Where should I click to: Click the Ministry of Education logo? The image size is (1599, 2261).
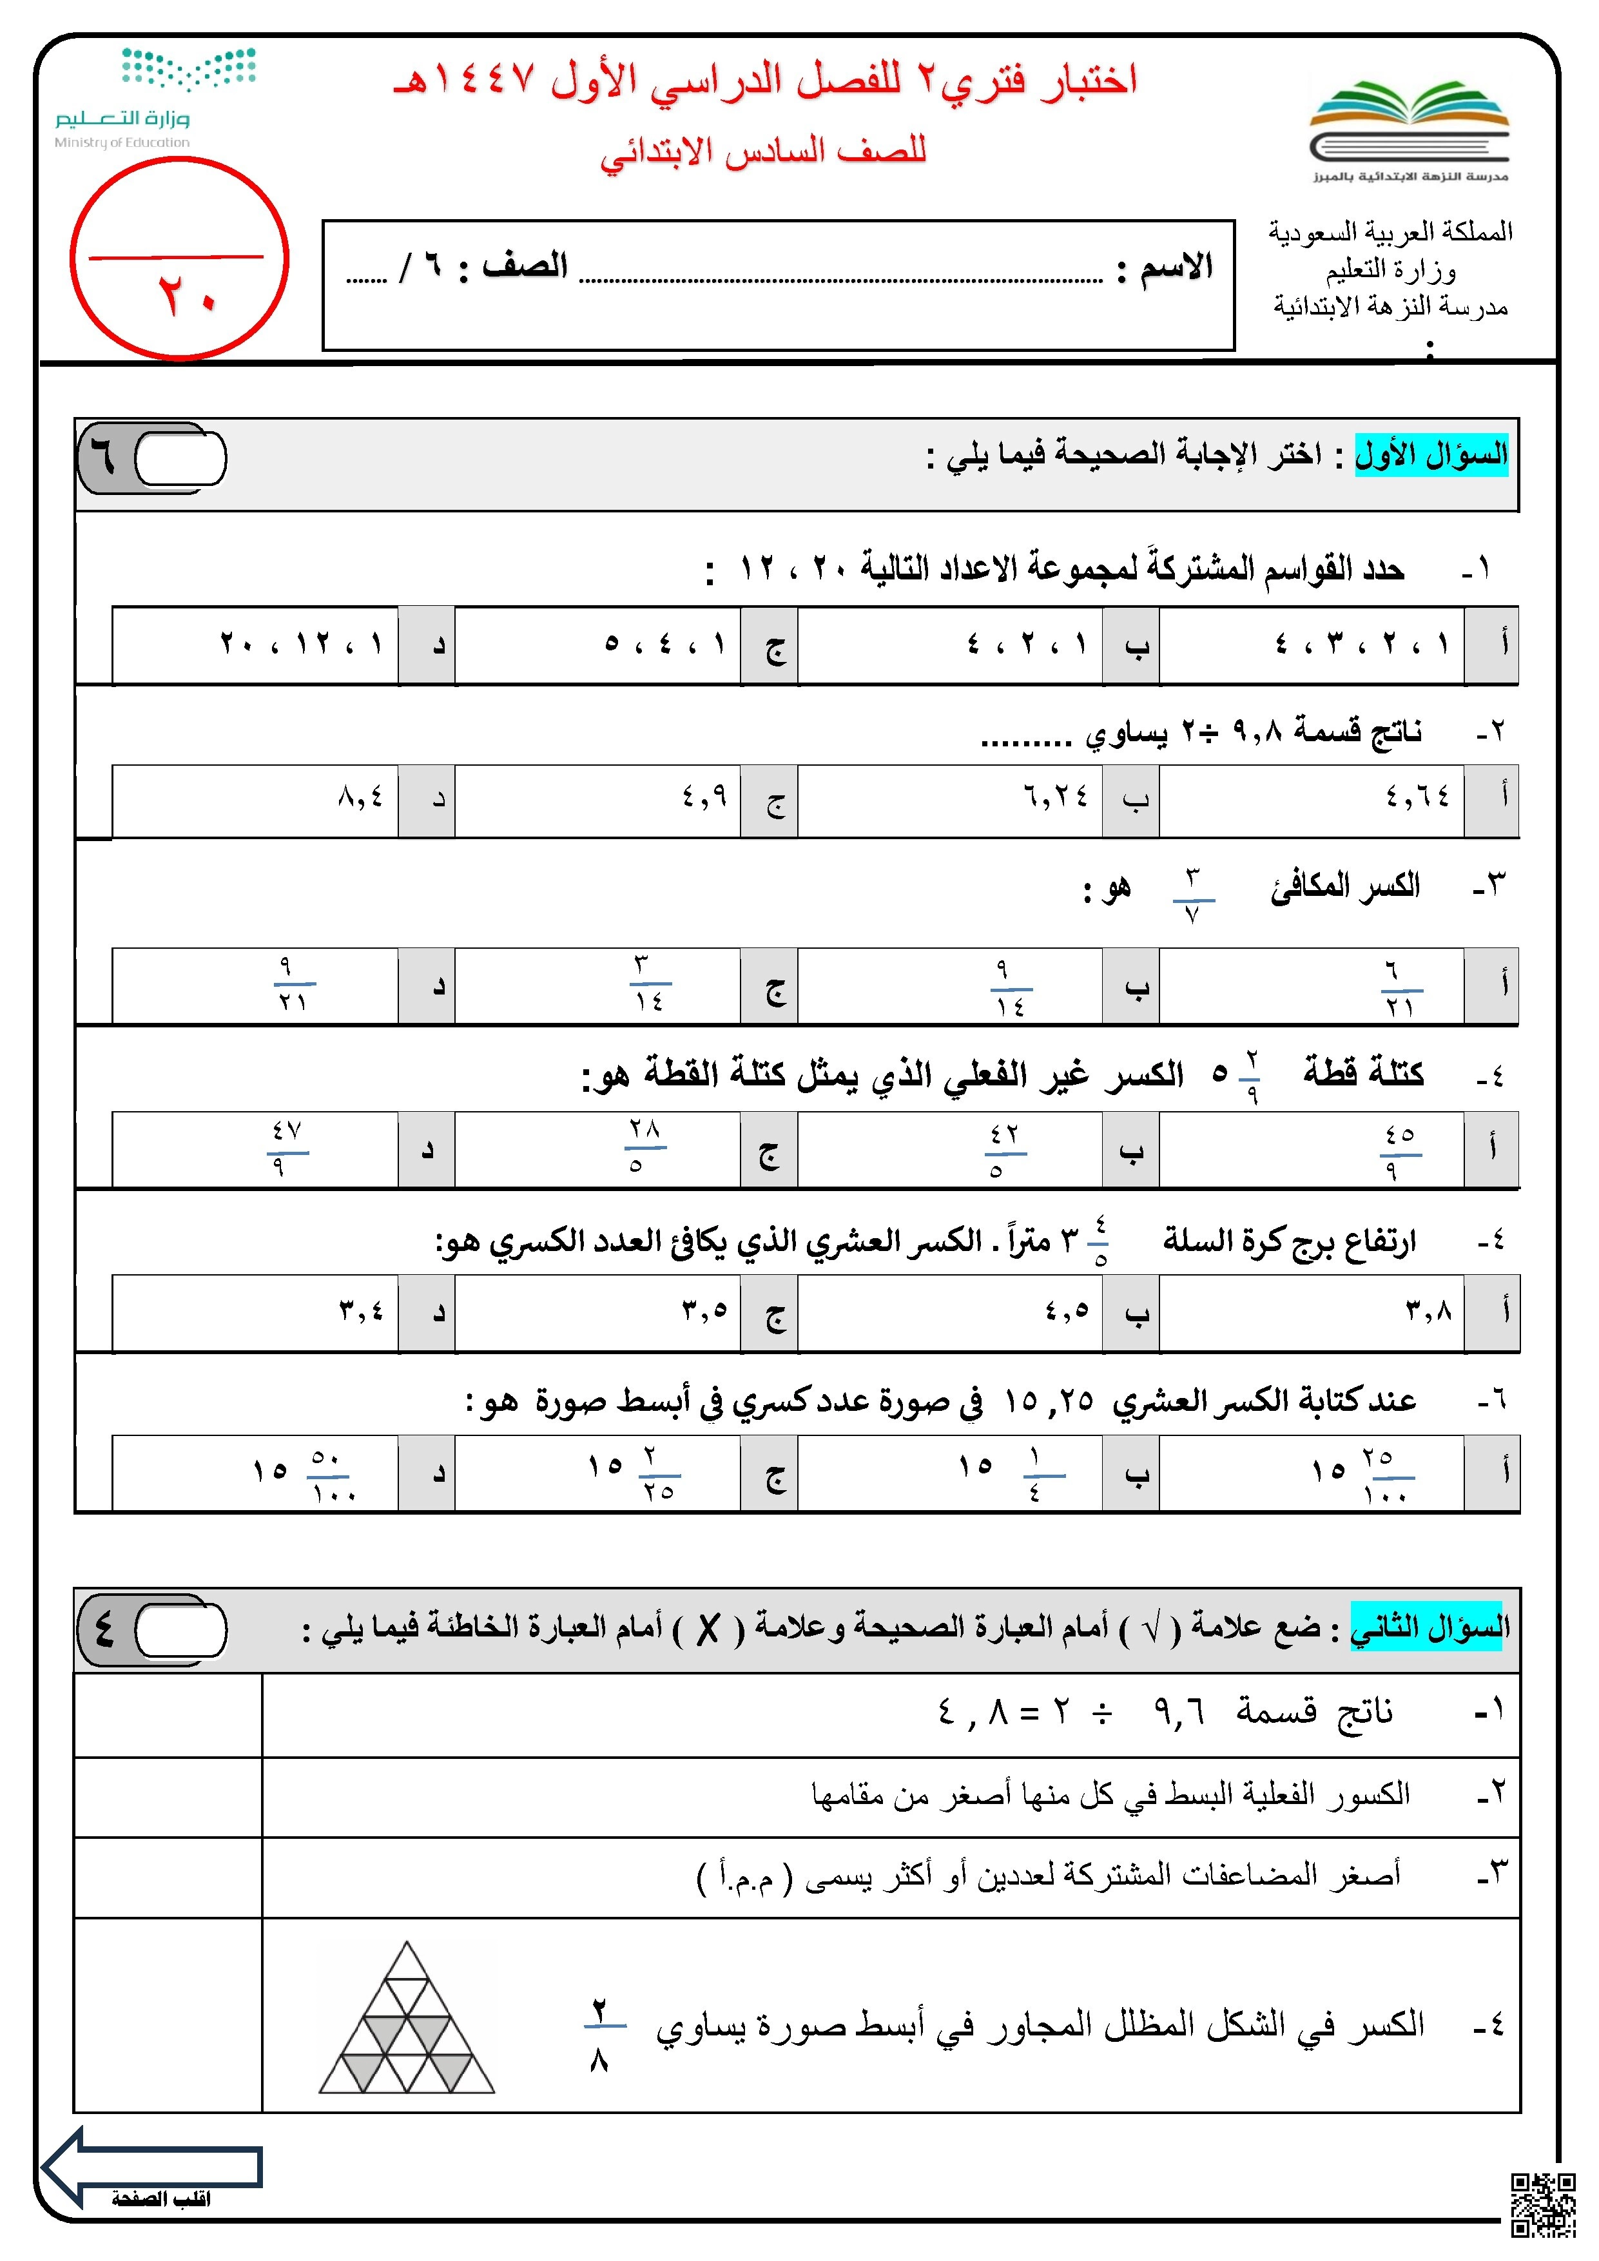coord(157,97)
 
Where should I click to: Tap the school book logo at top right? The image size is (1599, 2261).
coord(1409,128)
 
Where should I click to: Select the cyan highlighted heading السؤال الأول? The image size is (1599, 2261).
coord(1431,455)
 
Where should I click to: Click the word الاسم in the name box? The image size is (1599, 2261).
coord(1177,267)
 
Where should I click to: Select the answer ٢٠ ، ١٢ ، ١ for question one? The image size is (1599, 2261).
coord(301,644)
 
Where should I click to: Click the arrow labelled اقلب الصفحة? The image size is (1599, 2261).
coord(153,2166)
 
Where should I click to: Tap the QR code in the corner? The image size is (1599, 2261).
coord(1543,2204)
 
